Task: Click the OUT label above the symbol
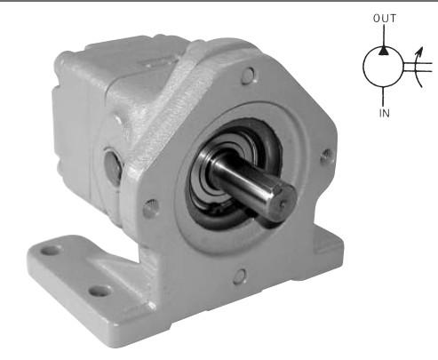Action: [385, 19]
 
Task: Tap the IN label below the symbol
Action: [385, 113]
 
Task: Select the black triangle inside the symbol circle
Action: [384, 51]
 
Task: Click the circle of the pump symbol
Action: [363, 67]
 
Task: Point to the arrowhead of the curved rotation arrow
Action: [420, 52]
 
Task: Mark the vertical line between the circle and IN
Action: [384, 96]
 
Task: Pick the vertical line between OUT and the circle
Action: [384, 36]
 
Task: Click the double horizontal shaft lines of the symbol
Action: [418, 67]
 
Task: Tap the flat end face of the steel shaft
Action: [283, 202]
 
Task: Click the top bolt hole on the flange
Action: [248, 76]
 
